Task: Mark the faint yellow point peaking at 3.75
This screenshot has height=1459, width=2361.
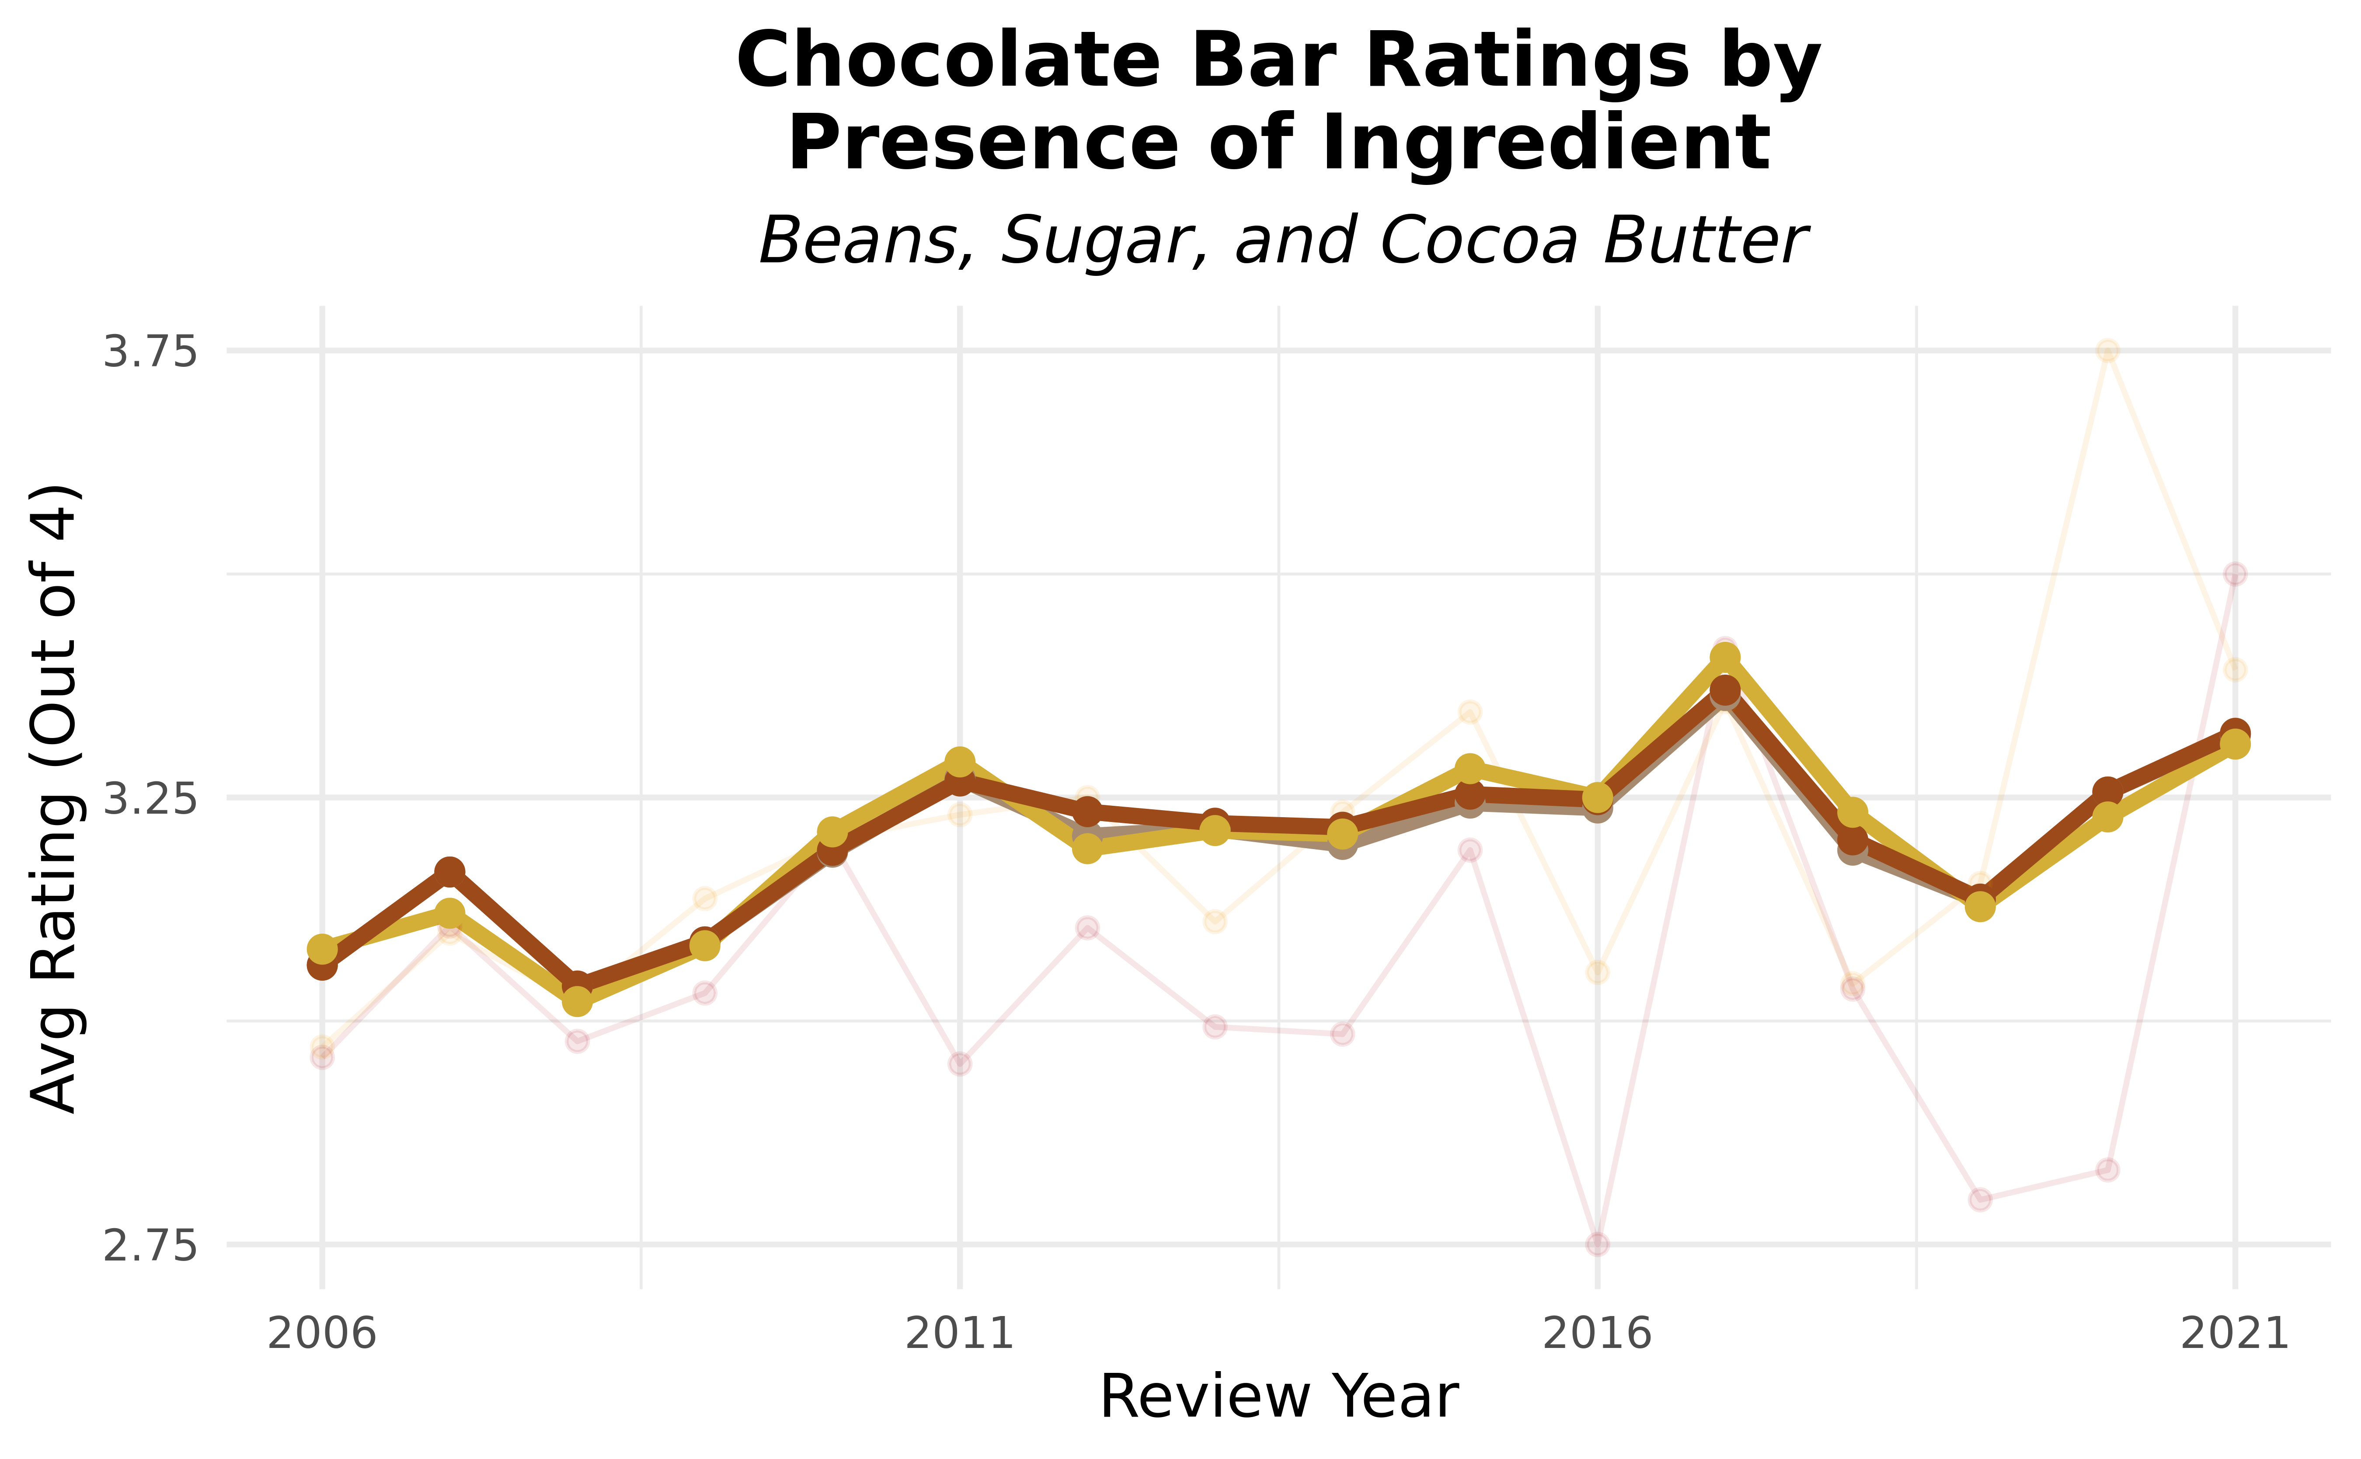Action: (x=2107, y=350)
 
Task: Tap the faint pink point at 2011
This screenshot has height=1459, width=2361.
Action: (x=959, y=1063)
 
